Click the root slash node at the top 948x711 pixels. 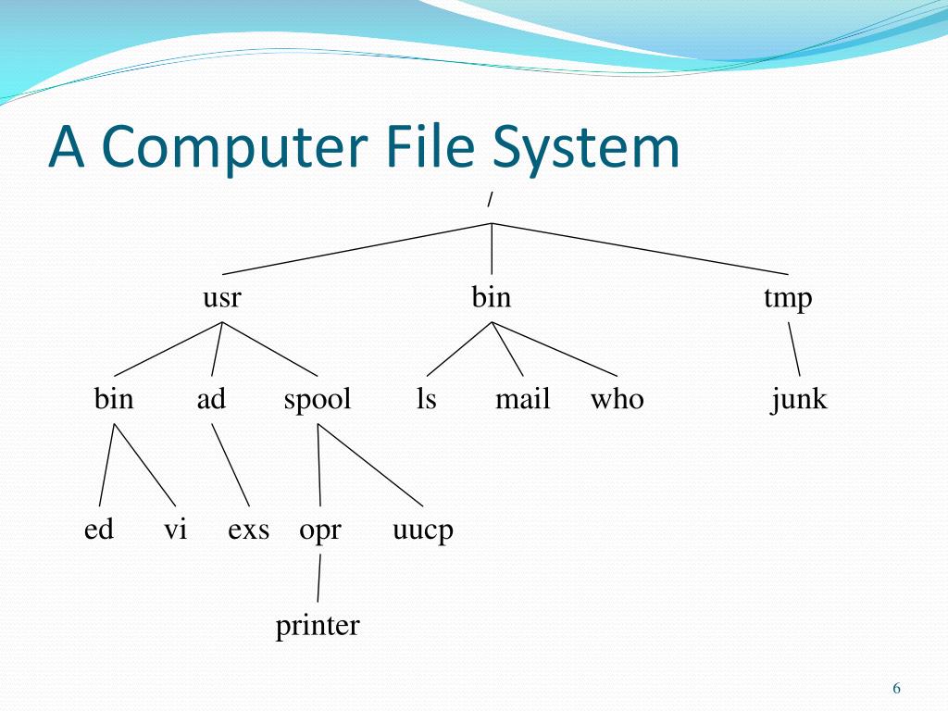point(491,200)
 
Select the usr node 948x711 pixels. point(222,298)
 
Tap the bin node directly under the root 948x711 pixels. point(491,298)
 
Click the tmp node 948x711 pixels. point(788,299)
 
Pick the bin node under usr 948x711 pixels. point(114,399)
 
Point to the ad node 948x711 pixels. point(211,399)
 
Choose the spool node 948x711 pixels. point(318,400)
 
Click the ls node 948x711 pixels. point(426,399)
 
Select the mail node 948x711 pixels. point(522,399)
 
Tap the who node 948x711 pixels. point(617,399)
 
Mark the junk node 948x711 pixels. point(798,400)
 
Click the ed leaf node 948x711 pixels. point(98,530)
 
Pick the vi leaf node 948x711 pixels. point(175,530)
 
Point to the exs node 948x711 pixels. point(249,530)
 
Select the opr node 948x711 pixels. point(320,531)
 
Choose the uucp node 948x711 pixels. point(423,531)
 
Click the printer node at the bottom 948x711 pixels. point(318,627)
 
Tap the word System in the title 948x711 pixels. point(585,148)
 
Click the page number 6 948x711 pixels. point(896,688)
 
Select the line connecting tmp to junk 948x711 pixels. point(794,349)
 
